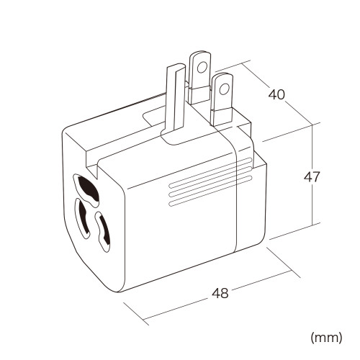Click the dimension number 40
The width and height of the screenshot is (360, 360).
[276, 94]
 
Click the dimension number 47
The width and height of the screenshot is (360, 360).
[312, 177]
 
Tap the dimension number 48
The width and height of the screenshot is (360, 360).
[220, 293]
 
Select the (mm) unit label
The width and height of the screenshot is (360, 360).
[326, 338]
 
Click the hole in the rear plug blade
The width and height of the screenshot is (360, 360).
[202, 67]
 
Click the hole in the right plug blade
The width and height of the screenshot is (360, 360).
[224, 89]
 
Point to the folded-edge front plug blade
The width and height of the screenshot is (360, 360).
[175, 99]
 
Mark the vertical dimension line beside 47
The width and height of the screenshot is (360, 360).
[312, 175]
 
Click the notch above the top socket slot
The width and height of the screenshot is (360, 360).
[92, 171]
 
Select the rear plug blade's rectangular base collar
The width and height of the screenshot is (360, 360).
[199, 96]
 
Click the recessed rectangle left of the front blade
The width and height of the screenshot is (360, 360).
[153, 117]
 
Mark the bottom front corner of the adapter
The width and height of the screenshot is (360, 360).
[119, 292]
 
